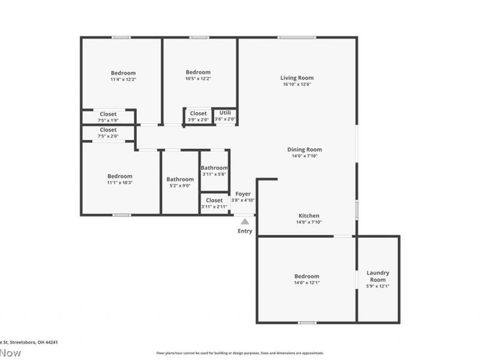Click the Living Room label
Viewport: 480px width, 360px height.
297,77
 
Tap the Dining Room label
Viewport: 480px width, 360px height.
304,149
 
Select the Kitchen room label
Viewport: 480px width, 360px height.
309,215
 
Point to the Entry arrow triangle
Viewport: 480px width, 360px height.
245,221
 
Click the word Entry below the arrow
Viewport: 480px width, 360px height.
245,231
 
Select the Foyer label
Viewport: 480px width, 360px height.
243,194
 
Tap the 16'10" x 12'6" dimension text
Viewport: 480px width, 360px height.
297,85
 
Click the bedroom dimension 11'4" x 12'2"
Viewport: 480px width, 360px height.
123,80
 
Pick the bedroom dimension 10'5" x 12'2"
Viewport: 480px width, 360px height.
198,79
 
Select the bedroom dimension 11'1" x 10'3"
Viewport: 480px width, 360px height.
120,182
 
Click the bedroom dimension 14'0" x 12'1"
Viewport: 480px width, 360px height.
306,283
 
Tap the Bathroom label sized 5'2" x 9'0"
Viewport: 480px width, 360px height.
180,179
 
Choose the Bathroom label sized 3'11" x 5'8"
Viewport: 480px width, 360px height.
214,168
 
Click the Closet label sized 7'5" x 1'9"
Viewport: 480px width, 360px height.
109,113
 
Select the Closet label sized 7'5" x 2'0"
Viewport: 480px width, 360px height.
109,130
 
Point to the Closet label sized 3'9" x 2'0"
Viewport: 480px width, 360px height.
199,113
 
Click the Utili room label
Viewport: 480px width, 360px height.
225,112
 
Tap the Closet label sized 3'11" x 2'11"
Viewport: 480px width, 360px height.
214,200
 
